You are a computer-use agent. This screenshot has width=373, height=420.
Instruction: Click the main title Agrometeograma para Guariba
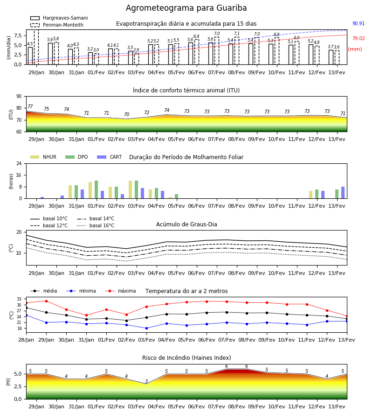click(186, 8)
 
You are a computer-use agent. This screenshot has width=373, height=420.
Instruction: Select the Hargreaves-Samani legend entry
click(59, 18)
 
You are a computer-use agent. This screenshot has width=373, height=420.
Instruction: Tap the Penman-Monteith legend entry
click(57, 25)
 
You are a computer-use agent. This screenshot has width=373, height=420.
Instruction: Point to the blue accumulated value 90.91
click(359, 24)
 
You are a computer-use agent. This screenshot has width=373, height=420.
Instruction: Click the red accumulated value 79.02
click(359, 39)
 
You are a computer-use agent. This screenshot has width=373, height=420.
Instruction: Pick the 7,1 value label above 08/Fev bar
click(237, 34)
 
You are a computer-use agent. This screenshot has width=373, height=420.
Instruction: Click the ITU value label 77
click(30, 106)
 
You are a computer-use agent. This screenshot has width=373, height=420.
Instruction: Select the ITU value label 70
click(126, 114)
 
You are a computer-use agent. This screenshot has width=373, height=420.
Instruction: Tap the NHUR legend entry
click(43, 157)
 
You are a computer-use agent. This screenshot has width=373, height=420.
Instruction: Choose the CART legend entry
click(110, 157)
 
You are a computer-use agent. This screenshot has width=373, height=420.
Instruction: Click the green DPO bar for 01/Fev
click(97, 189)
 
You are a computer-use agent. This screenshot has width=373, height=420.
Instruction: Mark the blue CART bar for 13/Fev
click(343, 193)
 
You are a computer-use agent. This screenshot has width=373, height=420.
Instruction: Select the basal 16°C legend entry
click(96, 225)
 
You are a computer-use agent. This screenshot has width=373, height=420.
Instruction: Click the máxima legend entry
click(120, 291)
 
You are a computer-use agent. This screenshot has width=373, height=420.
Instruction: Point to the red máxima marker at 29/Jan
click(46, 301)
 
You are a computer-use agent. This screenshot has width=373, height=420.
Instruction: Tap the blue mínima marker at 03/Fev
click(146, 328)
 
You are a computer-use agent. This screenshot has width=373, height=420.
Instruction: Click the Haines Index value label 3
click(146, 381)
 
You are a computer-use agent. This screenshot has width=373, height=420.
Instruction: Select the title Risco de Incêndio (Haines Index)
click(186, 358)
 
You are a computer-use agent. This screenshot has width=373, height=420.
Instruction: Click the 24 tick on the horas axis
click(19, 164)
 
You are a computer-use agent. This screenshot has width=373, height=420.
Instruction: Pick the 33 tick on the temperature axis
click(19, 299)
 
